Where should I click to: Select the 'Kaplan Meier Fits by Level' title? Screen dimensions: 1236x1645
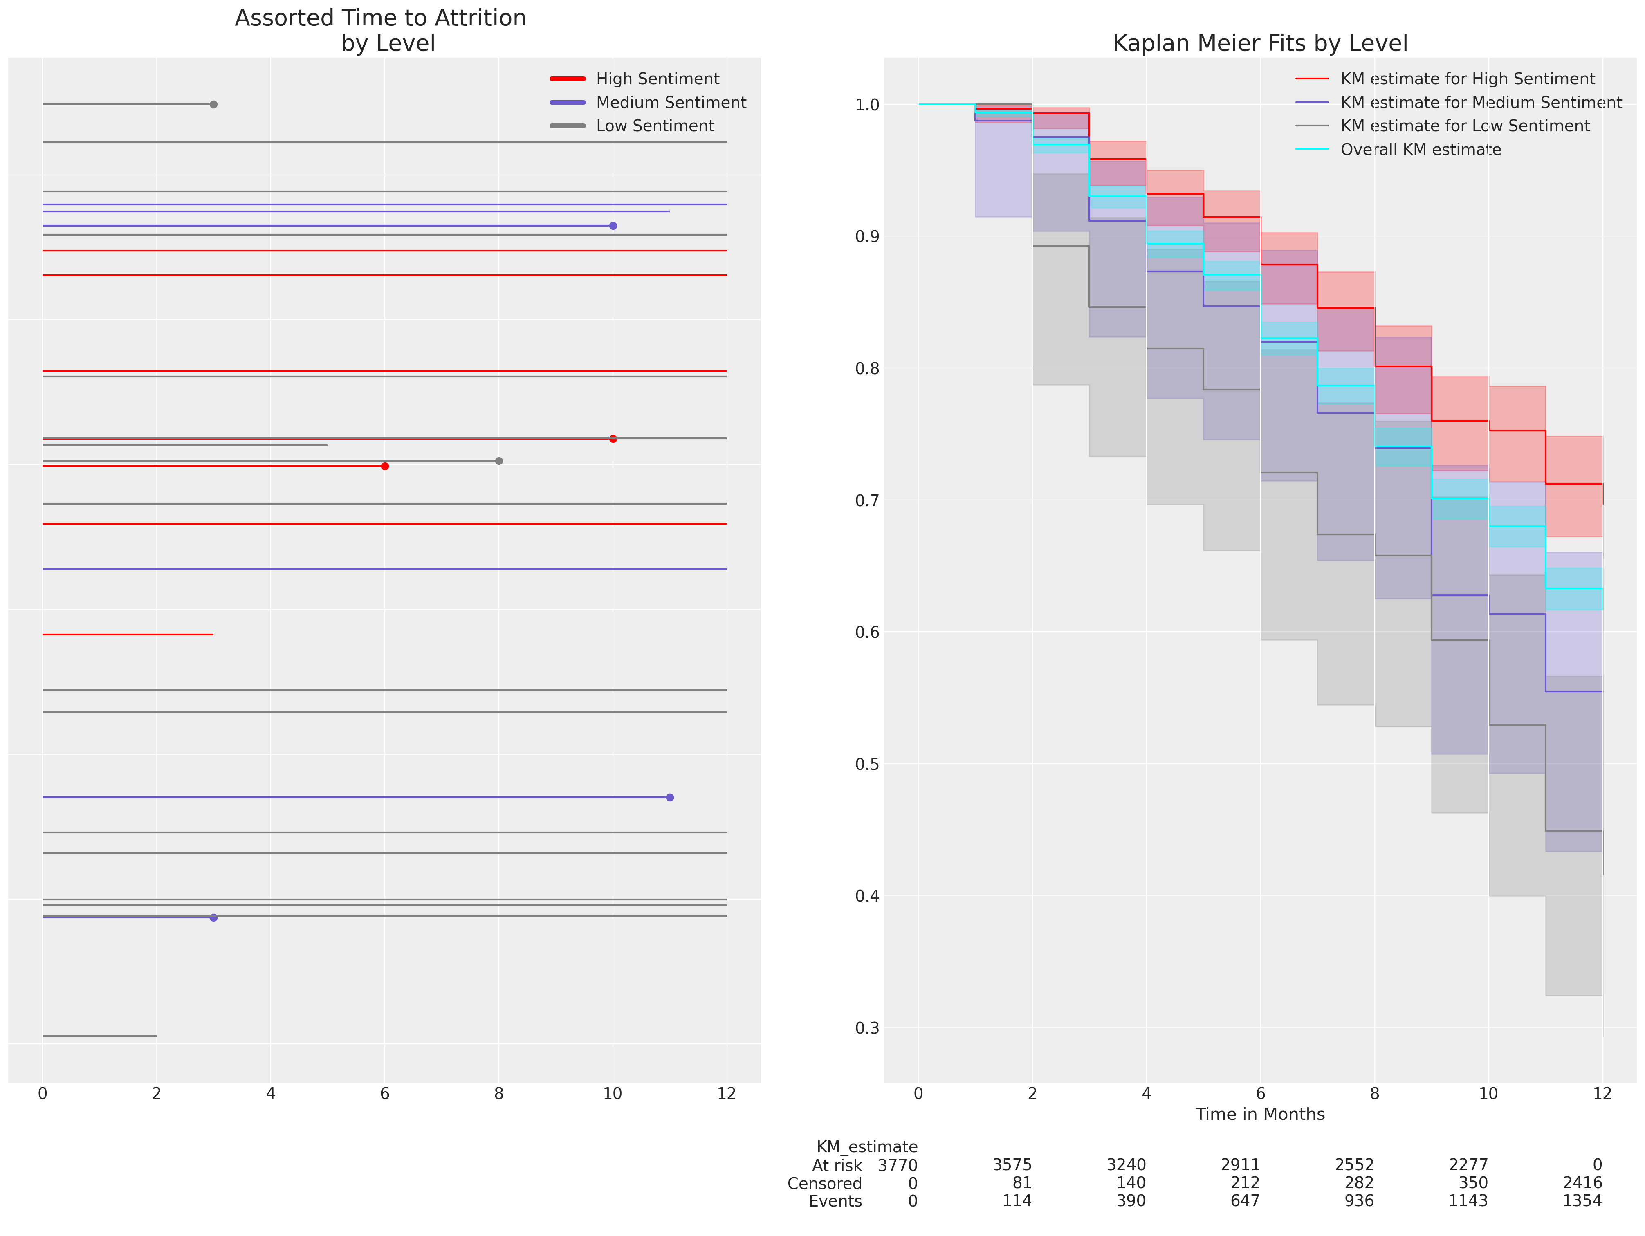(x=1260, y=43)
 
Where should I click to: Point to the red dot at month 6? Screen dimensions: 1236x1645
(x=384, y=466)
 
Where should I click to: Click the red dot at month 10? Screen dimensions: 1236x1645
(x=613, y=439)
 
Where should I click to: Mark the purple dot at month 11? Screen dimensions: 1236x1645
(x=670, y=797)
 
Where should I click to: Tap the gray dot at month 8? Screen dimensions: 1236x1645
(x=499, y=461)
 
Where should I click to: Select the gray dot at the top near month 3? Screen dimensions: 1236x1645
(x=213, y=105)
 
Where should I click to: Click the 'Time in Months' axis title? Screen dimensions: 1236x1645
(x=1260, y=1114)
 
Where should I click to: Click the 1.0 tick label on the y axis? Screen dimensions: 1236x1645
(x=867, y=105)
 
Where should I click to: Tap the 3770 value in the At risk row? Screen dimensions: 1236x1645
(x=898, y=1165)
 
